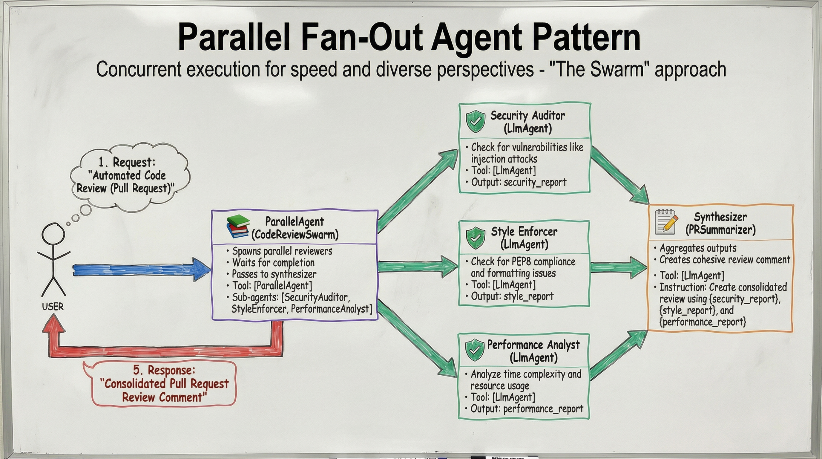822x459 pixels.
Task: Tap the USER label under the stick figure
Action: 53,307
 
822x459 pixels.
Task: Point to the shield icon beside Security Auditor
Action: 476,121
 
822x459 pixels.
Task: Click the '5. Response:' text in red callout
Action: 164,370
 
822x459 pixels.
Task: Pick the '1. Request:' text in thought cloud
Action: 127,162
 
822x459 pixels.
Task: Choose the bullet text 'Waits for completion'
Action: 273,263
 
